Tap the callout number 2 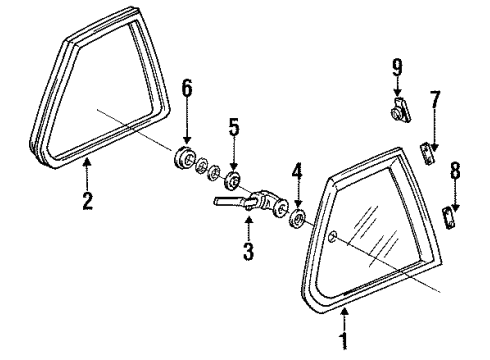[x=87, y=200]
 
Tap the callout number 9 [x=397, y=67]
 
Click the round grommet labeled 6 [x=185, y=158]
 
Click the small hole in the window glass [x=333, y=236]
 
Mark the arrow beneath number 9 [x=397, y=88]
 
